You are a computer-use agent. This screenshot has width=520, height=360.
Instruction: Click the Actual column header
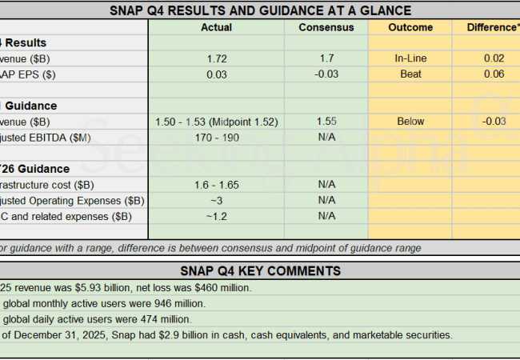(x=217, y=27)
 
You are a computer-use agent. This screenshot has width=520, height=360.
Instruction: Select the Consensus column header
(x=326, y=27)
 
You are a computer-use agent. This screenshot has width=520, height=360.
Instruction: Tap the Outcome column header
(x=410, y=27)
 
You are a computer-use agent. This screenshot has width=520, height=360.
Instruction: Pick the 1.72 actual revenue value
(x=217, y=58)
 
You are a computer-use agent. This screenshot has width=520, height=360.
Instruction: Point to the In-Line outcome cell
(x=410, y=58)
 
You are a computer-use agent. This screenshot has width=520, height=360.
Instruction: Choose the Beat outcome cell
(x=410, y=74)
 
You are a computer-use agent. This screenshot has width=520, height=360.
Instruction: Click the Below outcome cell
(x=410, y=122)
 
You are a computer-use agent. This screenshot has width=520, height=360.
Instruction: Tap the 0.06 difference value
(x=494, y=74)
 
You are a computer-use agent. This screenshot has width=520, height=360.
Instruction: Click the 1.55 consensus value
(x=326, y=122)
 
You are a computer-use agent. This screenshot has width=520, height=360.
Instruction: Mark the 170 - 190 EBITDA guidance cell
(x=217, y=137)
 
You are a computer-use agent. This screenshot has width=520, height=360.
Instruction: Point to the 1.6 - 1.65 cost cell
(x=217, y=185)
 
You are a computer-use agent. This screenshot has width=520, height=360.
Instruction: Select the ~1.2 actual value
(x=217, y=216)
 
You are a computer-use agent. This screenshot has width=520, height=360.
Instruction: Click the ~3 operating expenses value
(x=217, y=200)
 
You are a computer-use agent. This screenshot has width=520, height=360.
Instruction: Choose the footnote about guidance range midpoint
(x=208, y=248)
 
